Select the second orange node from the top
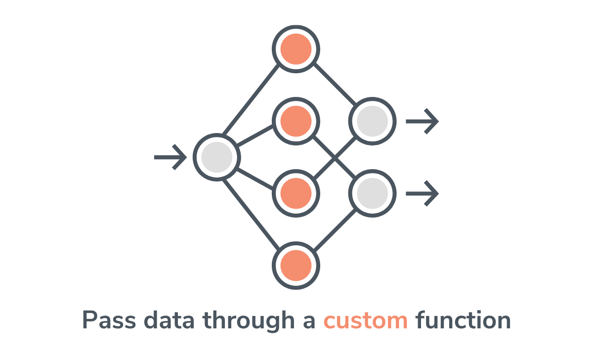pyautogui.click(x=296, y=121)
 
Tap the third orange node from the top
pyautogui.click(x=296, y=193)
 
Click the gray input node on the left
pyautogui.click(x=217, y=157)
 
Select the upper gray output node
pyautogui.click(x=372, y=121)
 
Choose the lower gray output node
pyautogui.click(x=372, y=193)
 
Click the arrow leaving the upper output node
pyautogui.click(x=422, y=121)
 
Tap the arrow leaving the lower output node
pyautogui.click(x=422, y=193)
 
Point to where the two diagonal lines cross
pyautogui.click(x=335, y=157)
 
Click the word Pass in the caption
pyautogui.click(x=108, y=320)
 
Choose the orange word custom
pyautogui.click(x=366, y=320)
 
